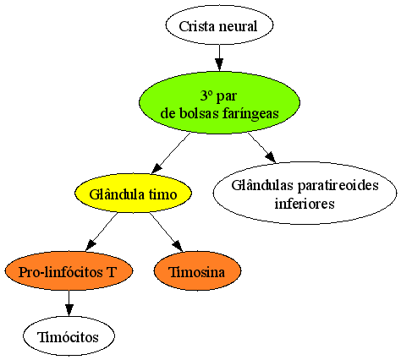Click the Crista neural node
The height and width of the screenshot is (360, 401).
click(219, 25)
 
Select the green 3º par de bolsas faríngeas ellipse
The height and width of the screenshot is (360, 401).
click(219, 102)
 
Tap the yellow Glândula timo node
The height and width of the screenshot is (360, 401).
click(133, 194)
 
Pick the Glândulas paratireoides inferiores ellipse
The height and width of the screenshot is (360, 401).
click(305, 194)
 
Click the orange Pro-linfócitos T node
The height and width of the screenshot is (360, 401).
click(69, 271)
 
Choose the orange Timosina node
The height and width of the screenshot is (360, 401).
click(197, 271)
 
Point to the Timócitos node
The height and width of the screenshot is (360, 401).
click(69, 335)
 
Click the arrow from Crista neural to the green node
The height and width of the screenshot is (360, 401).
click(219, 57)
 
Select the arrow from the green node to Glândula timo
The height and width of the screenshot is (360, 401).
click(171, 153)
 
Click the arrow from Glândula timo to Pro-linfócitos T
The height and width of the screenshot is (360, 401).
click(102, 232)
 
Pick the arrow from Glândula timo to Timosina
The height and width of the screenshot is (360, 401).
click(166, 232)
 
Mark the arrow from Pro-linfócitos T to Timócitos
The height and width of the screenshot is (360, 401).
click(69, 303)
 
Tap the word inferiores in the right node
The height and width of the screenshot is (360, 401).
click(305, 203)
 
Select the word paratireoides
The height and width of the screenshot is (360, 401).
click(338, 186)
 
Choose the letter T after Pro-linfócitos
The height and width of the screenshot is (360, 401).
click(111, 272)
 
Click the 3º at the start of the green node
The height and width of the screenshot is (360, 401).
click(206, 96)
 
